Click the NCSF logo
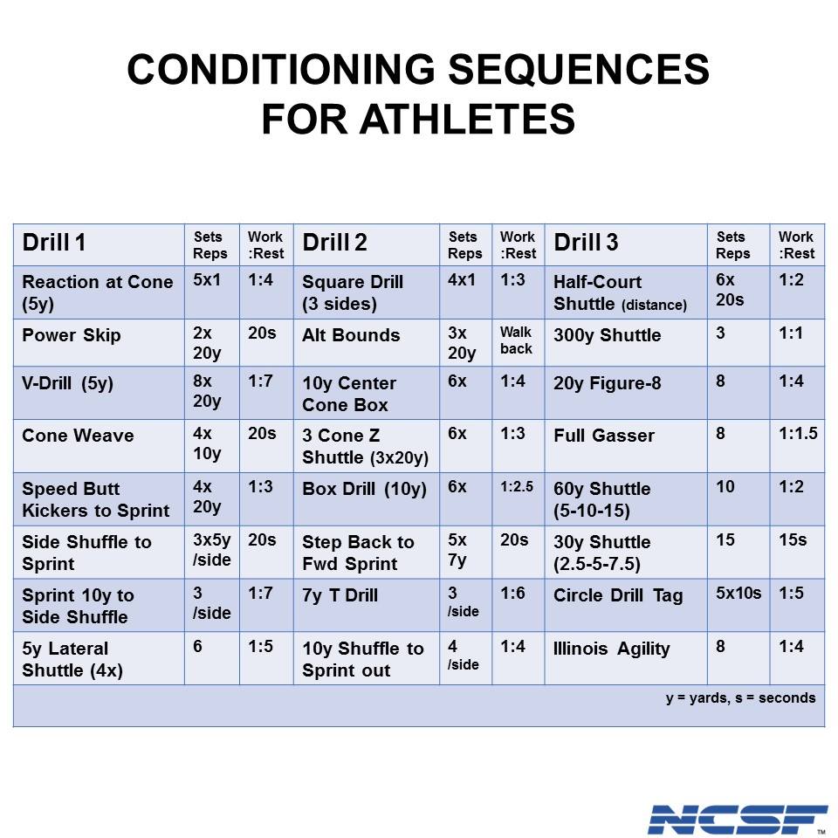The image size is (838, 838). [x=737, y=820]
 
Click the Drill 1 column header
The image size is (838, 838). [x=54, y=243]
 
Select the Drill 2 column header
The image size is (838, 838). [x=334, y=243]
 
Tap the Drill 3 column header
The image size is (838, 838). [x=586, y=243]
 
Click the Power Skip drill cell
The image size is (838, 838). [x=72, y=335]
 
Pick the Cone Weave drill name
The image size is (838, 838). [x=78, y=436]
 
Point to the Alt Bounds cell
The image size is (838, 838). [x=351, y=335]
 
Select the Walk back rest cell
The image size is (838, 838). [x=516, y=340]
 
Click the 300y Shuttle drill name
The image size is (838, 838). [x=608, y=335]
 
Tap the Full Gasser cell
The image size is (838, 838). [x=604, y=436]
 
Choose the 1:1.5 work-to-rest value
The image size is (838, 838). [x=798, y=434]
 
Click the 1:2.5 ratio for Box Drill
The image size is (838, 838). [x=517, y=487]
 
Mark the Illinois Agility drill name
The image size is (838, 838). [x=611, y=649]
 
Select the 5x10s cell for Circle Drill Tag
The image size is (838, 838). [x=738, y=594]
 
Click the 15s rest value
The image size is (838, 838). [x=793, y=539]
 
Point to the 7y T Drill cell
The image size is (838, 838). [x=340, y=595]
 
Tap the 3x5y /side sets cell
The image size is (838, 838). [x=212, y=550]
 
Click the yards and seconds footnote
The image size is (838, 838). [x=741, y=698]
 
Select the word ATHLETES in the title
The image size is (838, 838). [x=467, y=118]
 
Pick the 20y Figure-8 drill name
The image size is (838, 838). [x=608, y=383]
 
